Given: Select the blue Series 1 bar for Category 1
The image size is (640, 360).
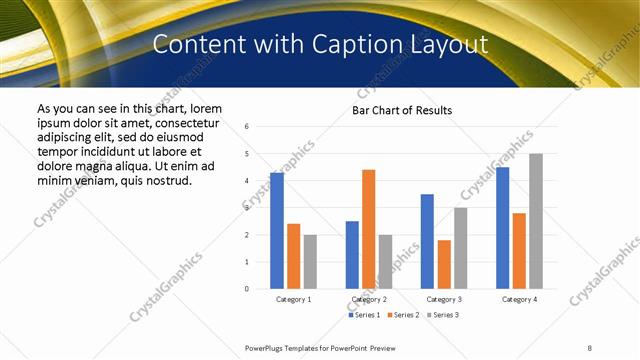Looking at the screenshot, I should click(x=277, y=231).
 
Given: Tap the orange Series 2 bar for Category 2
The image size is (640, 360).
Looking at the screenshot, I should click(x=368, y=229).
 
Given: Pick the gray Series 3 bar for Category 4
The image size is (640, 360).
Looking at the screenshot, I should click(x=536, y=221).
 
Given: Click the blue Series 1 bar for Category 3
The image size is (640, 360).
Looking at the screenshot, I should click(x=427, y=241).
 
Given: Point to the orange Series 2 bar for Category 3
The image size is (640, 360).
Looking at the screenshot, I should click(x=444, y=264).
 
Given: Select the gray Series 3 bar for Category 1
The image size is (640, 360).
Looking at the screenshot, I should click(x=310, y=261).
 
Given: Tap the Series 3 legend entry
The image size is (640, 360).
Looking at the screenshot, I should click(x=443, y=315).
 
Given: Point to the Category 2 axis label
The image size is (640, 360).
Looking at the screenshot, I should click(x=369, y=299).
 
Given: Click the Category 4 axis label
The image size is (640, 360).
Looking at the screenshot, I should click(x=519, y=299).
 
